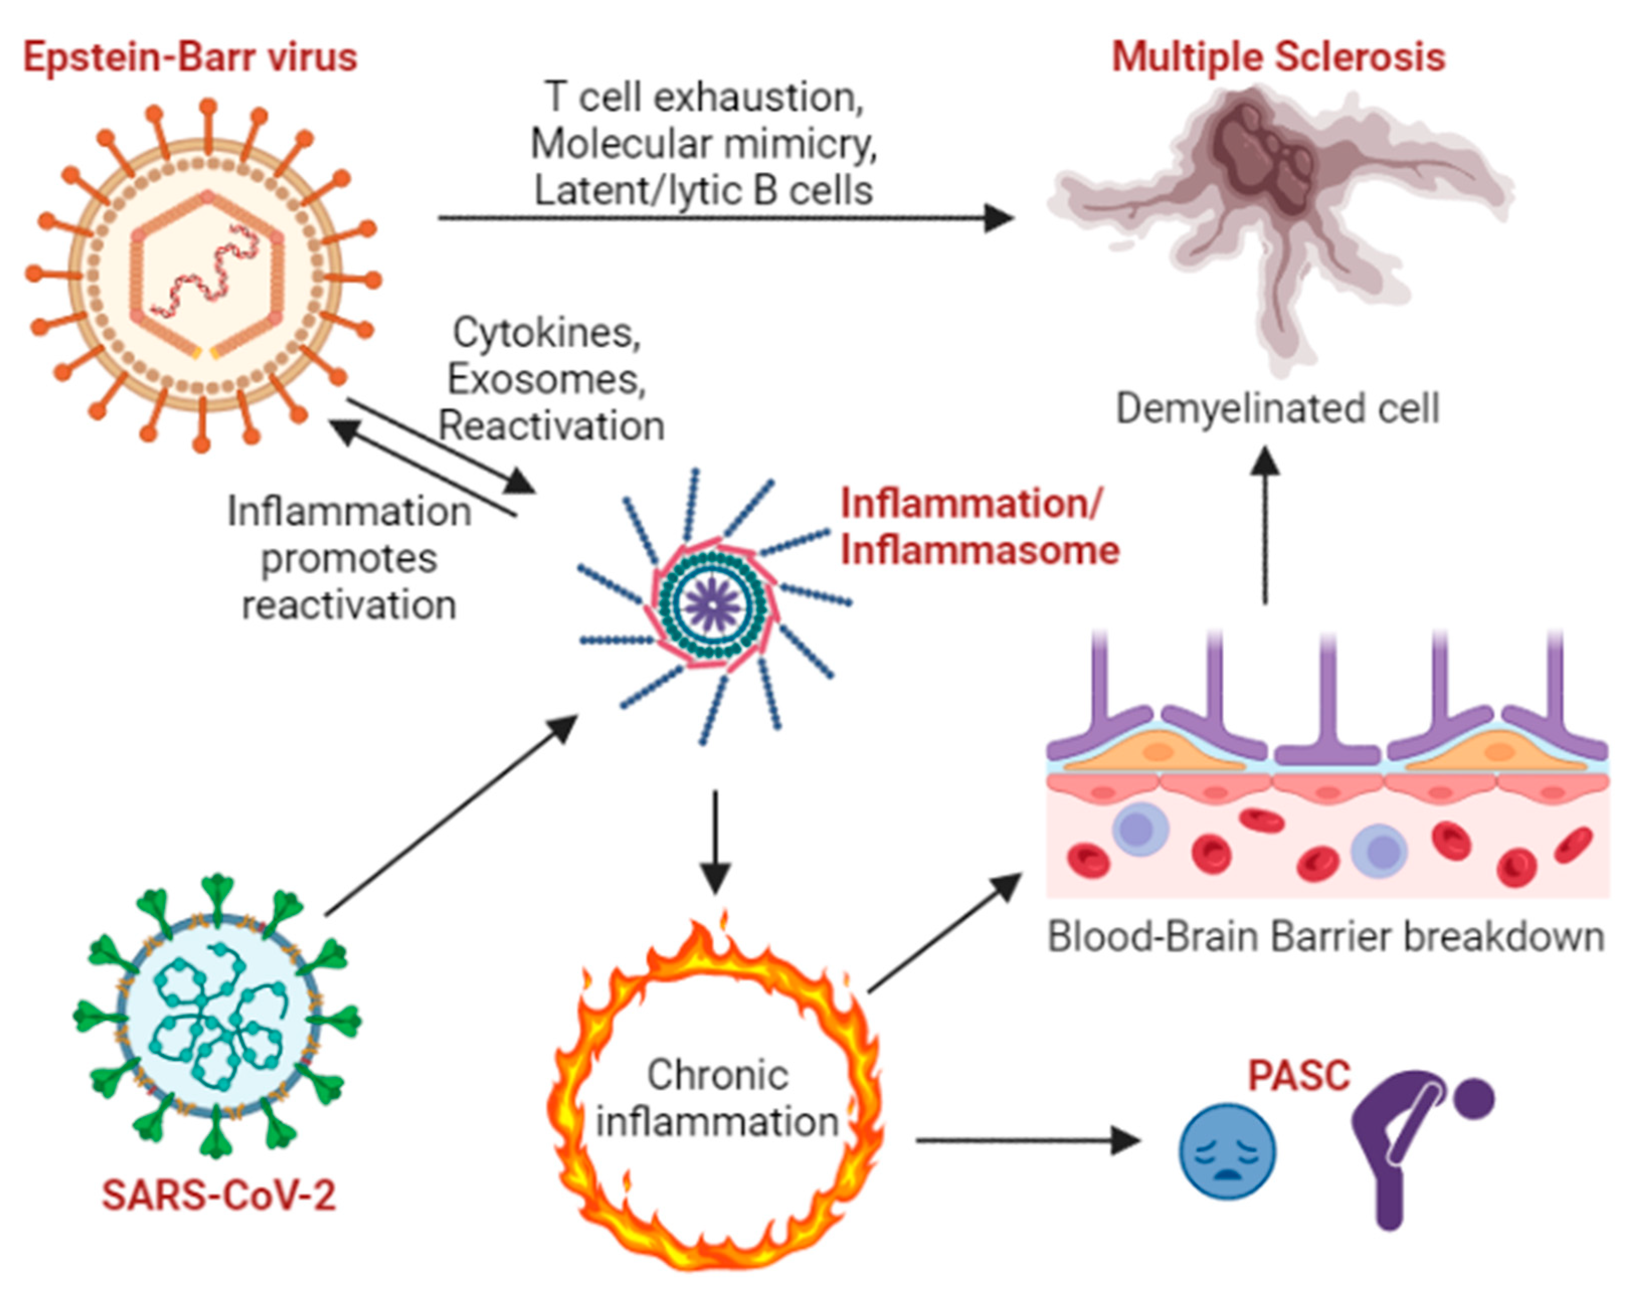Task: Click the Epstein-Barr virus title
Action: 190,57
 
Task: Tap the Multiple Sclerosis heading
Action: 1278,57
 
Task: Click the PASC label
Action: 1298,1075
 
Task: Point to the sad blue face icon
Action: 1228,1151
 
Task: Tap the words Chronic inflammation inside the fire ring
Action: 717,1098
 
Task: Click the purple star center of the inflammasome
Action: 713,605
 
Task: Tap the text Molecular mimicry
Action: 703,144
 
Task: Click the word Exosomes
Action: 546,379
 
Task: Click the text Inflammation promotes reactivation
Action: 349,558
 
